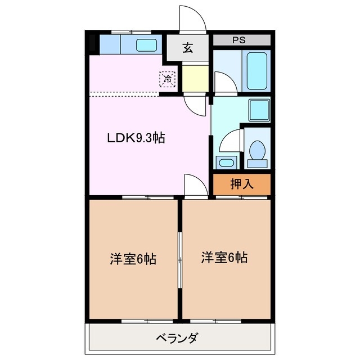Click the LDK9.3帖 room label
click(136, 138)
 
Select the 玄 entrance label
click(187, 48)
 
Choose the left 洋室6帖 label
click(133, 259)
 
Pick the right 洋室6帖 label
click(225, 258)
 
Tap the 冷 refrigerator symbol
click(168, 79)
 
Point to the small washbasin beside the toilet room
click(226, 163)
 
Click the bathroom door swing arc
click(223, 84)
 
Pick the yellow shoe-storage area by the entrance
click(193, 78)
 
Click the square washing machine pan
click(260, 107)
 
